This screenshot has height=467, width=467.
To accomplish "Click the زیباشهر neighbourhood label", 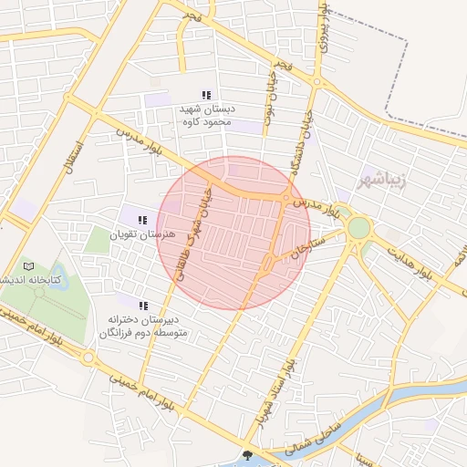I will (x=391, y=176).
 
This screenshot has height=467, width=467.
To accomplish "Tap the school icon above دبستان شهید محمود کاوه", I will (x=206, y=95).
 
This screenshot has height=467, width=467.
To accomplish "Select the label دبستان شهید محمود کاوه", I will (x=207, y=114).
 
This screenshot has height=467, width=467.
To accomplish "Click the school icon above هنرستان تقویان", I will (x=141, y=220).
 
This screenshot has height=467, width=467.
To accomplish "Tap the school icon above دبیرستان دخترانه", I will (x=142, y=306).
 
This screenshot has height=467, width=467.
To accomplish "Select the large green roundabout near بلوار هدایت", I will (x=358, y=227).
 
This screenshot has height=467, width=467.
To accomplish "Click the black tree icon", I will (x=247, y=455).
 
